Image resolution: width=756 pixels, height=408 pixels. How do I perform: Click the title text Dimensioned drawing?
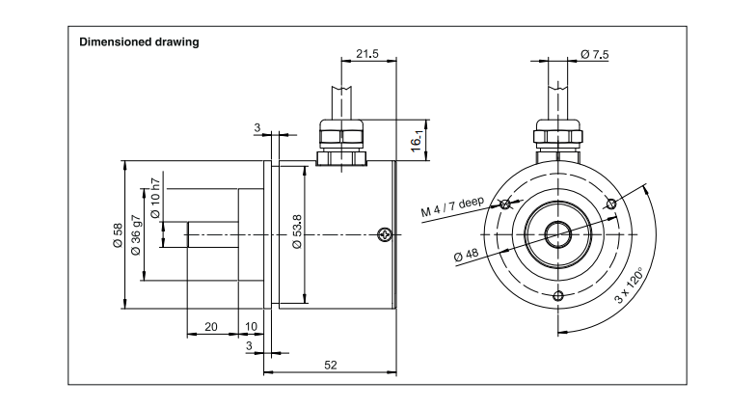pos(138,42)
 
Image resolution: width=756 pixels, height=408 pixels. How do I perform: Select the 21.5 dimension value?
pos(366,54)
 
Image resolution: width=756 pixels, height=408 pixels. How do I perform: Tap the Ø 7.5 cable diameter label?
pos(595,55)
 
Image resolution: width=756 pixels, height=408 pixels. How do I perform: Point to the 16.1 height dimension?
pos(416,142)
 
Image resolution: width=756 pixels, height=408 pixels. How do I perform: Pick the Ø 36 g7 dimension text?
pos(136,235)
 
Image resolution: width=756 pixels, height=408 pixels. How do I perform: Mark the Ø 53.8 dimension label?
pos(297,232)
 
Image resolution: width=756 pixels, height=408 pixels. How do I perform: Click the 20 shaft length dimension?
pos(210,327)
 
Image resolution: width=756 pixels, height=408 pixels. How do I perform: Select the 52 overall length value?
pos(331,366)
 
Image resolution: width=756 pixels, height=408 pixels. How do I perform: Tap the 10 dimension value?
pos(252,327)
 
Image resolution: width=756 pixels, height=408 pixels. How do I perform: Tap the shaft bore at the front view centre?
pos(557,232)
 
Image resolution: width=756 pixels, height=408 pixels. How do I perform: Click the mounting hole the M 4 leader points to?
pos(504,204)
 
